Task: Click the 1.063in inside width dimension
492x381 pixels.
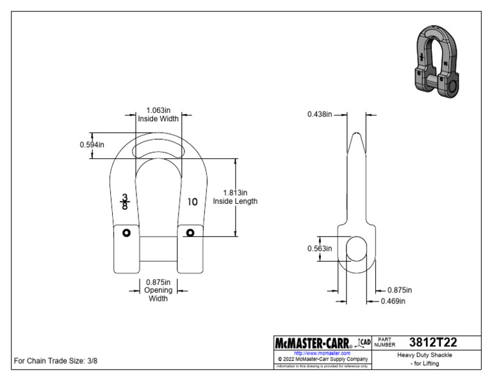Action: tap(158, 110)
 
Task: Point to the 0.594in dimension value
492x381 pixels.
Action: tap(92, 144)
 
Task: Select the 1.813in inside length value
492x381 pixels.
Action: tap(235, 192)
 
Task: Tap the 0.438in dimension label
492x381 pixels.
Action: tap(320, 114)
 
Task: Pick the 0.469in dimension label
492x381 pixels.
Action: tap(393, 300)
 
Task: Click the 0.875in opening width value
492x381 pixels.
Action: tap(158, 282)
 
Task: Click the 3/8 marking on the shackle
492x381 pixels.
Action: tap(125, 201)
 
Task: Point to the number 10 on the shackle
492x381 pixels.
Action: tap(192, 201)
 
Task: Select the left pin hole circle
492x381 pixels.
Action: tap(126, 232)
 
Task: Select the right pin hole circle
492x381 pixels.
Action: tap(190, 232)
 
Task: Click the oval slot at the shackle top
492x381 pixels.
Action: tap(158, 150)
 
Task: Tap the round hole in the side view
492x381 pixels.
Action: tap(356, 248)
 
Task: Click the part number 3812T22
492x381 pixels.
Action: tap(433, 343)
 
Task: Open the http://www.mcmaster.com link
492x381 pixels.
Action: tap(322, 353)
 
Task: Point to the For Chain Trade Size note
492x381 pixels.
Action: tap(56, 360)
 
